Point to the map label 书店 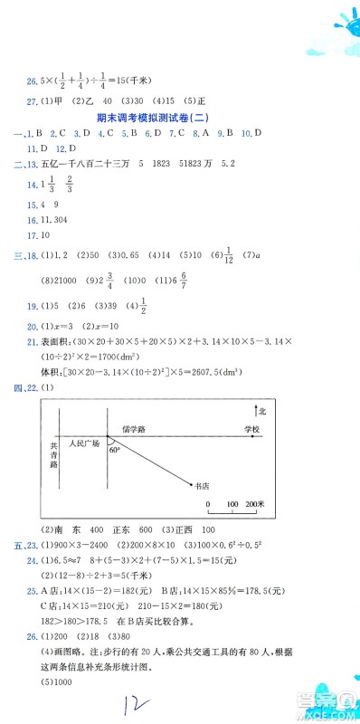202,485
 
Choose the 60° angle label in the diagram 114,449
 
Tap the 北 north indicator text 261,410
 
